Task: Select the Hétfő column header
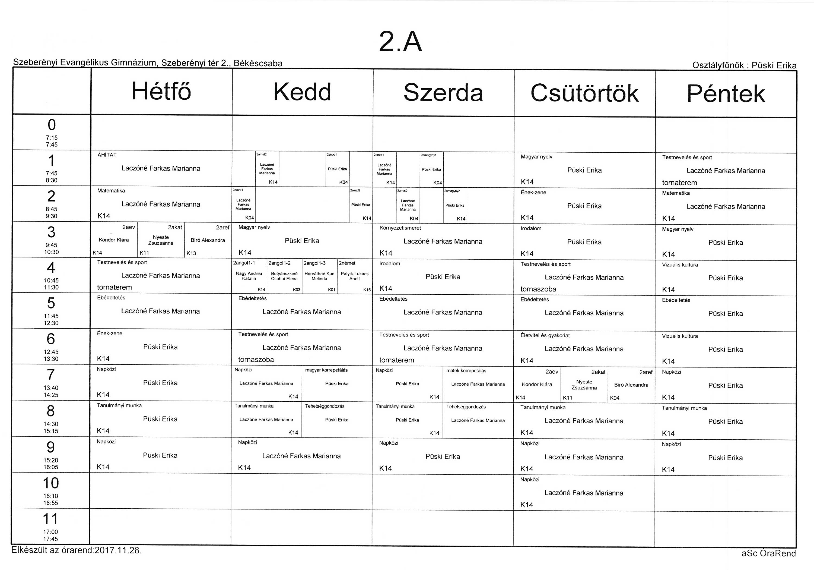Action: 161,91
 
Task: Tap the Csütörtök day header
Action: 585,93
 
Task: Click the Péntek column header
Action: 726,94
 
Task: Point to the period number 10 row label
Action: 51,483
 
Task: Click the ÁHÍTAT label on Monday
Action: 107,155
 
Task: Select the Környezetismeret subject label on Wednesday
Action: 400,228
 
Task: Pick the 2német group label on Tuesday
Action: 347,263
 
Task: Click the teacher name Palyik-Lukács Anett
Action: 355,276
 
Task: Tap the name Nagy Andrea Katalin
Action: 249,276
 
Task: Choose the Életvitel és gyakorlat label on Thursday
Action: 545,335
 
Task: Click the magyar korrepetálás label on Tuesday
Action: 326,370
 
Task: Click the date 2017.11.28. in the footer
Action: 118,550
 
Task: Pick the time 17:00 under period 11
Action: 51,532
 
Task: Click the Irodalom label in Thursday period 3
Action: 531,229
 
